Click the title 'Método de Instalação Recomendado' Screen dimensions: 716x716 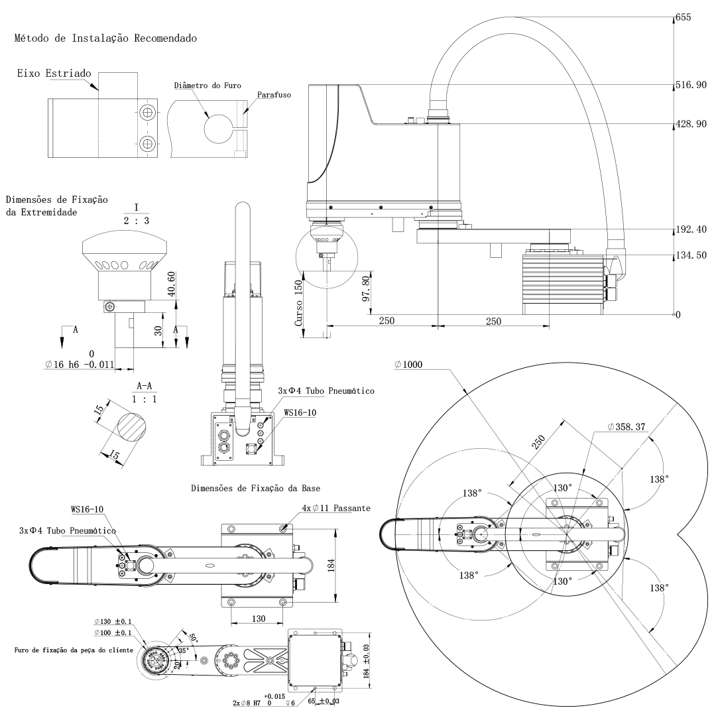point(105,38)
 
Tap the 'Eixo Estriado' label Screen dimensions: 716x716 point(54,74)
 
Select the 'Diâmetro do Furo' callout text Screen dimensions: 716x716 point(208,86)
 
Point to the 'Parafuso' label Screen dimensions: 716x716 point(274,95)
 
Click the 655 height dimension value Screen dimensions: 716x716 point(683,17)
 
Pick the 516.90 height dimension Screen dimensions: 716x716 point(691,85)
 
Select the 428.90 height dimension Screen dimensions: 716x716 point(691,124)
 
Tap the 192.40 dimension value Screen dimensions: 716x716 point(691,229)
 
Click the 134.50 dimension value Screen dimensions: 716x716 point(691,255)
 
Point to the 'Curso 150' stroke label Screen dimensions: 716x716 point(298,303)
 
